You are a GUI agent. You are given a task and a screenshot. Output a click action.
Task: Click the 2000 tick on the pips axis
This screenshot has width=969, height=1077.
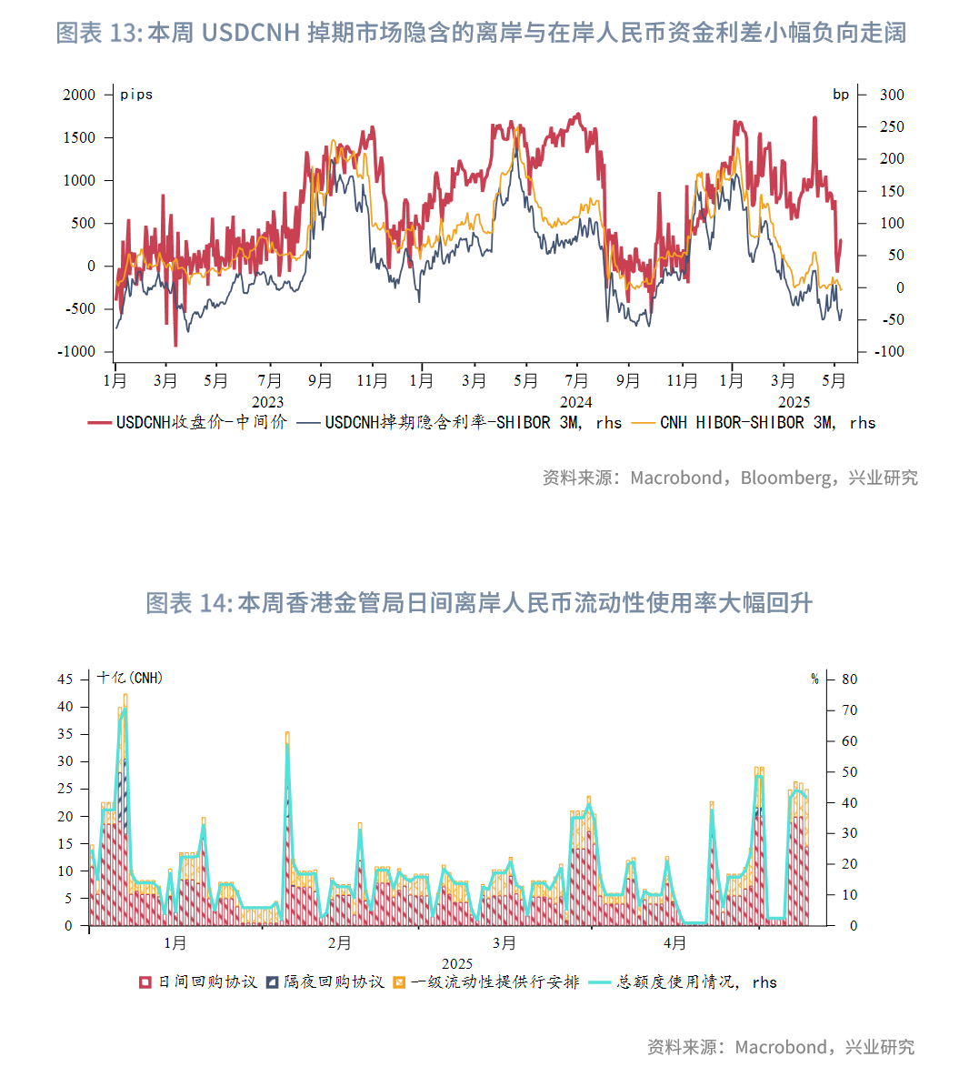(79, 95)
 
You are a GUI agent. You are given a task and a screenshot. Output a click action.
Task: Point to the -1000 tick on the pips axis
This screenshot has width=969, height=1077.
(76, 352)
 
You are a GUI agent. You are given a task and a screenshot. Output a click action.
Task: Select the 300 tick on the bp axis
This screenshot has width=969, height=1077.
(892, 95)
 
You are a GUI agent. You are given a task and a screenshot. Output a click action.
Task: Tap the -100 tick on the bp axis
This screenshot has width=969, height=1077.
(889, 352)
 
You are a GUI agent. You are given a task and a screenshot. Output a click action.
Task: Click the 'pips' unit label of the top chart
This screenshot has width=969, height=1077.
(136, 95)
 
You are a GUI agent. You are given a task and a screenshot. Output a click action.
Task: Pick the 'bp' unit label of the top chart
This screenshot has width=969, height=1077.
(841, 95)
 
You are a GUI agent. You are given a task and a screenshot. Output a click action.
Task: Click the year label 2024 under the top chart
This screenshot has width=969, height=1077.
(575, 402)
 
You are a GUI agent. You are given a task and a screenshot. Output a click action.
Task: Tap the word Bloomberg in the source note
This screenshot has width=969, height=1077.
(784, 478)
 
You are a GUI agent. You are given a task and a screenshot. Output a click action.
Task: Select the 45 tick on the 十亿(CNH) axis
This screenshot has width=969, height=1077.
(65, 679)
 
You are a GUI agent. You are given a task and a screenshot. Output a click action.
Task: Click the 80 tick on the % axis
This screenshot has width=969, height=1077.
(849, 679)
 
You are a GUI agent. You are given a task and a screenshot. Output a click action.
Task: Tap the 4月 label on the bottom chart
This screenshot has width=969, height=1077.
(674, 943)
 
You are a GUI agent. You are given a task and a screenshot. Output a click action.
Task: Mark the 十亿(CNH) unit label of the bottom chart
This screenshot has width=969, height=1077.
(130, 678)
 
